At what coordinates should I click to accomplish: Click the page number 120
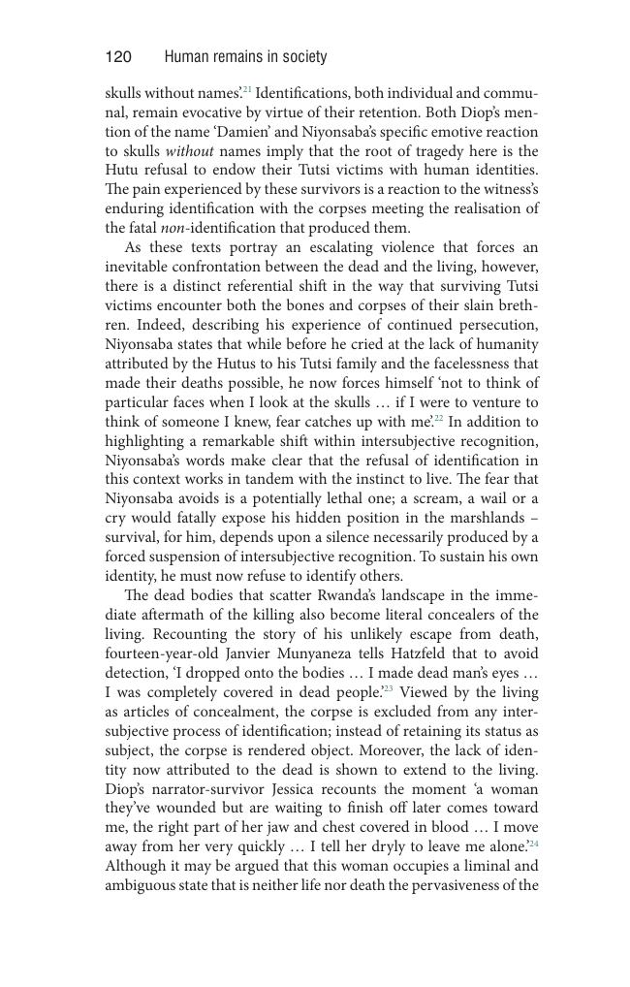pyautogui.click(x=118, y=57)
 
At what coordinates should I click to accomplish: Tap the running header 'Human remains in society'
pyautogui.click(x=245, y=57)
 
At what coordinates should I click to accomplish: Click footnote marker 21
pyautogui.click(x=247, y=90)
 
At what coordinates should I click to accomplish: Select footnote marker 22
pyautogui.click(x=438, y=419)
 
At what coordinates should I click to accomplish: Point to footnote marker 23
pyautogui.click(x=388, y=689)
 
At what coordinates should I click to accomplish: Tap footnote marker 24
pyautogui.click(x=534, y=844)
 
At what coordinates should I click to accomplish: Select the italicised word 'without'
pyautogui.click(x=190, y=151)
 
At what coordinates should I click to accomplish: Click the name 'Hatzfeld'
pyautogui.click(x=449, y=654)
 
